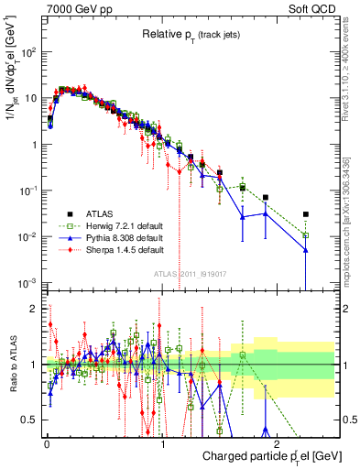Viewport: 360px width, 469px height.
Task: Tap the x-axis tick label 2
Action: [278, 442]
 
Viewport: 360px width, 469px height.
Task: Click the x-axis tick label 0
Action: [47, 442]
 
